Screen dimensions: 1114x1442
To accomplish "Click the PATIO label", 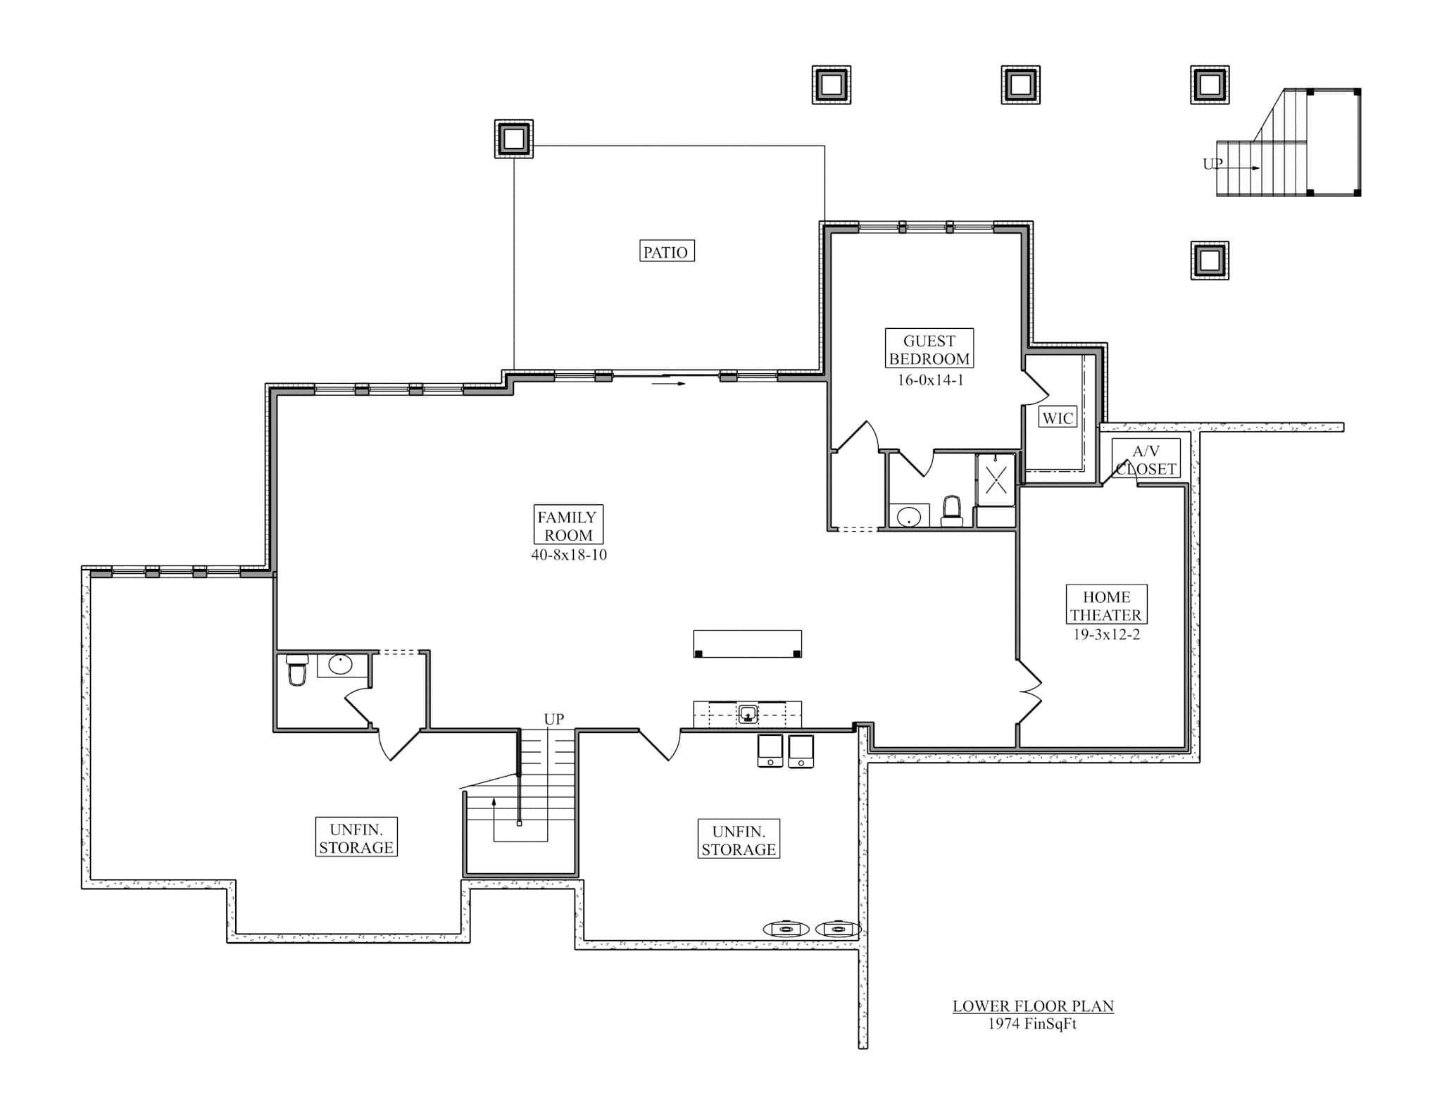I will pos(666,251).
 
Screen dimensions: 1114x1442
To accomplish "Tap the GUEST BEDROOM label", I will pos(929,349).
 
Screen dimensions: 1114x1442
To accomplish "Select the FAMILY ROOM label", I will pos(568,525).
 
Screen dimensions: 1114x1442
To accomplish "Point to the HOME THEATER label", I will pos(1105,606).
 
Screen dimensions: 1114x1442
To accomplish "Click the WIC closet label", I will pos(1057,418).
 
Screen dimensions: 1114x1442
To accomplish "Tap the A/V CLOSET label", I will pos(1146,460).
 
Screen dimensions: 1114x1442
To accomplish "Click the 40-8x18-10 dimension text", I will pos(569,555).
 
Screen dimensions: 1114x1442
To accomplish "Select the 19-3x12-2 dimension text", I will pos(1105,634).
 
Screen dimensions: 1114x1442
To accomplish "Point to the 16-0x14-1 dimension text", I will pos(929,380).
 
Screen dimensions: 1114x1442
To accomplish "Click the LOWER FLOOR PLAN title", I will pos(1032,1006).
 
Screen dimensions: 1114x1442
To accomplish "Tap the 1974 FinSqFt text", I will pos(1032,1024).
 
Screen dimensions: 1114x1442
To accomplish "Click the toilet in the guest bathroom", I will pos(951,511).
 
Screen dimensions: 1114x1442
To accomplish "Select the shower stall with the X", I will pos(995,480).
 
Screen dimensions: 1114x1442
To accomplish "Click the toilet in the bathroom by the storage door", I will pos(297,670).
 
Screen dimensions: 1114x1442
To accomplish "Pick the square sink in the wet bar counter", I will pos(748,715).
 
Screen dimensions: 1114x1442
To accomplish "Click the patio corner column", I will pos(513,139).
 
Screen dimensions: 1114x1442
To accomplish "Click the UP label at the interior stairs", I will pos(553,719).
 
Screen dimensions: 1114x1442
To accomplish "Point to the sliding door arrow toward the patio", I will pos(668,384).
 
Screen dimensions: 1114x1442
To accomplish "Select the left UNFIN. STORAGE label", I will pos(356,838).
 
